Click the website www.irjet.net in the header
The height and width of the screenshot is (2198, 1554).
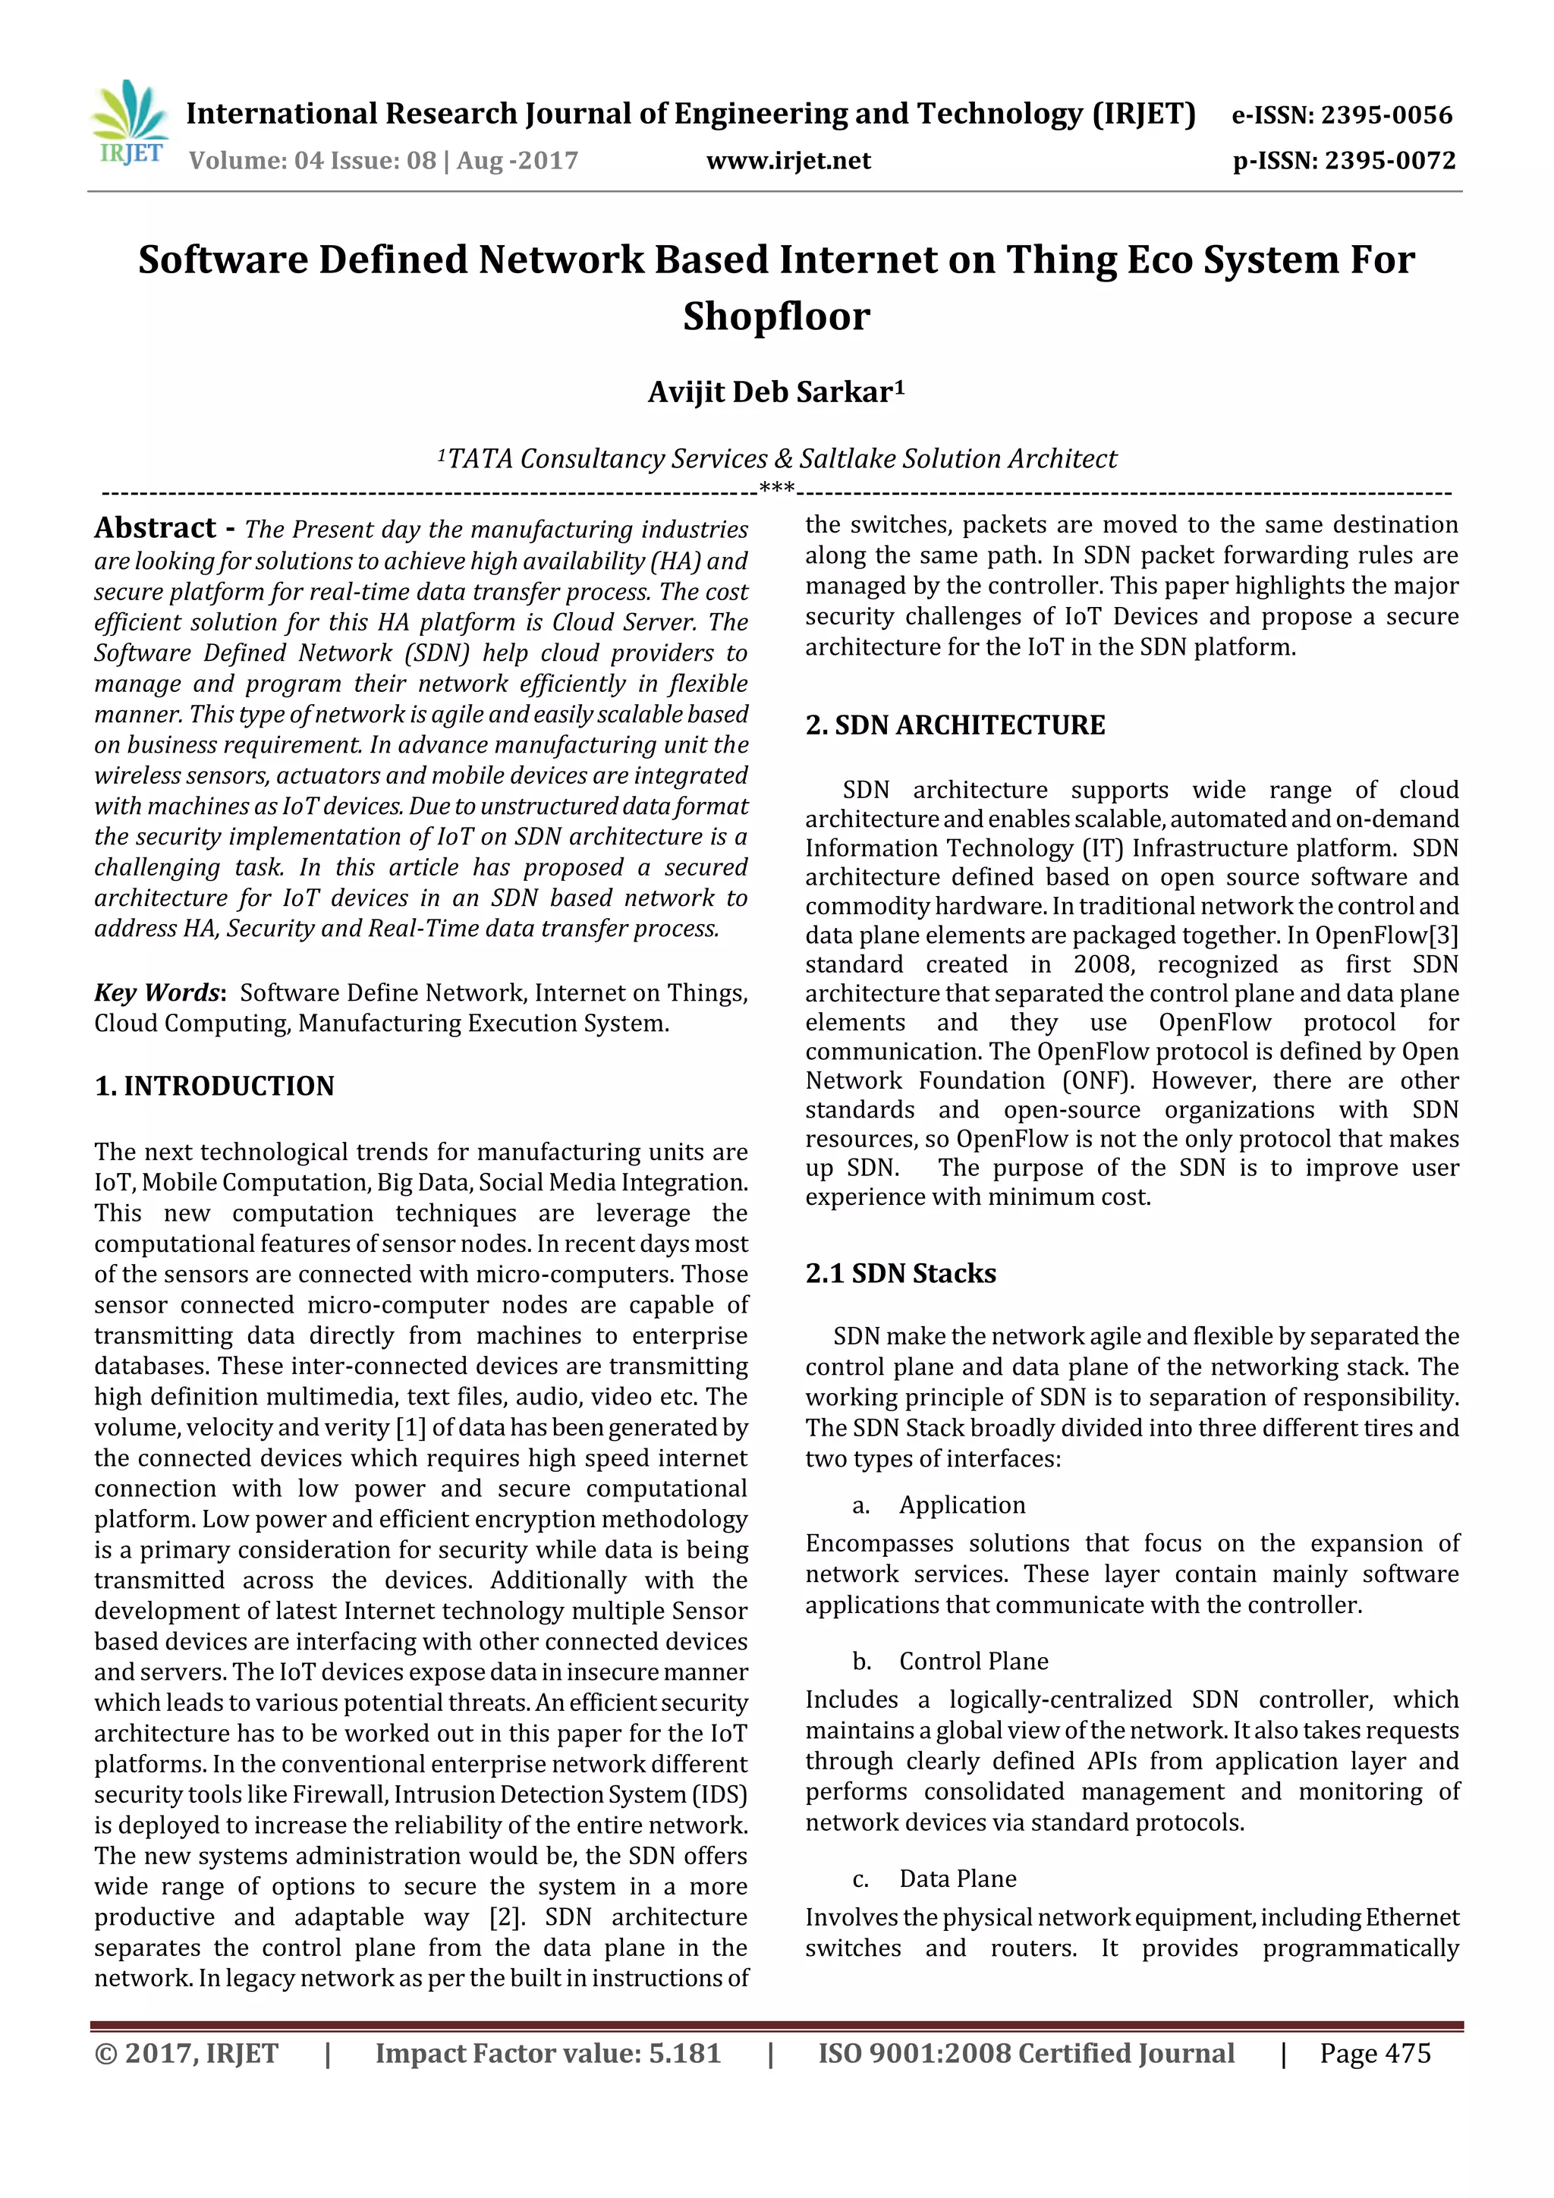(x=788, y=160)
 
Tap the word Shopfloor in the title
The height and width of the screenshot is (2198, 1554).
(x=775, y=316)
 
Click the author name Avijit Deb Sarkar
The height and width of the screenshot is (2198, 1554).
(x=775, y=391)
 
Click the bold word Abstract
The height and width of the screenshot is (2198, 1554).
(x=155, y=527)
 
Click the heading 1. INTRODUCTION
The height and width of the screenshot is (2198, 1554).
(x=215, y=1086)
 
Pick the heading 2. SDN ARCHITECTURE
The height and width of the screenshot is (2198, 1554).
(x=955, y=725)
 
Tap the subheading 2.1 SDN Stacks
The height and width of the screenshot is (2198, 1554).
(x=900, y=1273)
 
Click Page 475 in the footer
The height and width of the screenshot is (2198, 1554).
(x=1374, y=2052)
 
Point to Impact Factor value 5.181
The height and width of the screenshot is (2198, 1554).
(x=547, y=2052)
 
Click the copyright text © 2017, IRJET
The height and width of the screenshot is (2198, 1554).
(x=186, y=2052)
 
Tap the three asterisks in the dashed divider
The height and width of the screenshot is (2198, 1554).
(x=776, y=488)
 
